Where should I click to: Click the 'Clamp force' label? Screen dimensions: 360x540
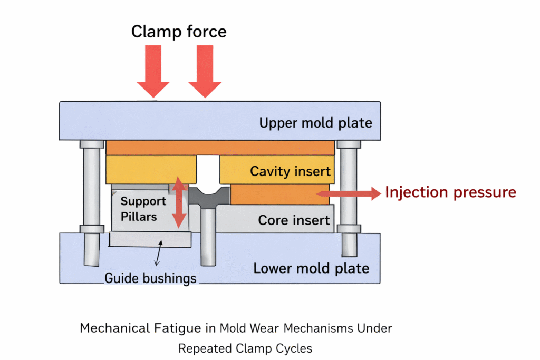point(179,32)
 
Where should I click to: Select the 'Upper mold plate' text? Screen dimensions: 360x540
point(315,123)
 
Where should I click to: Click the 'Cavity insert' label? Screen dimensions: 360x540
point(290,171)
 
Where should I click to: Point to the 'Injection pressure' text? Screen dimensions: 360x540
point(450,192)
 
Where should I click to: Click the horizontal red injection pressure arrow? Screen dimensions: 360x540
point(348,194)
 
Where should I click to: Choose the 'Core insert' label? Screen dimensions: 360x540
point(294,220)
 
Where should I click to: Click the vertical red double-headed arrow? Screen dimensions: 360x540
point(179,202)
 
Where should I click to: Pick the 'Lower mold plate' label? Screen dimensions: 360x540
point(311,268)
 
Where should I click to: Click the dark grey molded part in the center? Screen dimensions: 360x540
point(209,199)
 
